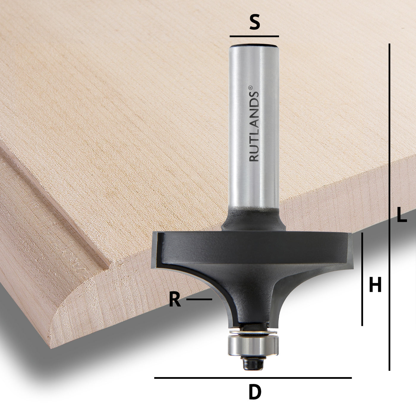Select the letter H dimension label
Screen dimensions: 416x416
(x=375, y=284)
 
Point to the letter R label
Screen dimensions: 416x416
(x=175, y=300)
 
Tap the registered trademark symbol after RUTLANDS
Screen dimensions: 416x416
(x=250, y=88)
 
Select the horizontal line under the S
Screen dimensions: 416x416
(x=254, y=36)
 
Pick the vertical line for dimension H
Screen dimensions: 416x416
(x=362, y=279)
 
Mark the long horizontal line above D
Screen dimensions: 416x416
(x=253, y=378)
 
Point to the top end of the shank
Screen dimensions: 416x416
(x=254, y=46)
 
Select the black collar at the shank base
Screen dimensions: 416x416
(x=254, y=221)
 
